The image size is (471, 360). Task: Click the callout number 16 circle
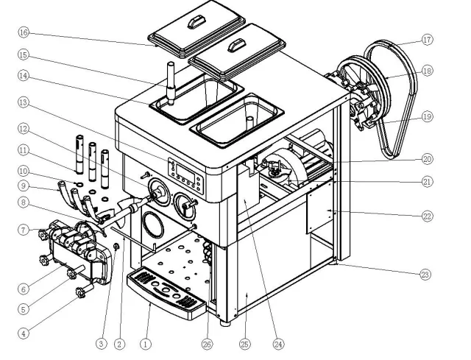(x=24, y=32)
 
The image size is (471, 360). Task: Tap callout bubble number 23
(x=425, y=275)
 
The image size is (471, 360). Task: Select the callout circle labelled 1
(x=146, y=344)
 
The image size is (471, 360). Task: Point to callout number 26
(x=207, y=345)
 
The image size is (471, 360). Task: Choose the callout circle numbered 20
(x=427, y=159)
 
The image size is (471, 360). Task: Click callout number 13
(x=24, y=102)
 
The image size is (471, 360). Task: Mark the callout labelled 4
(x=24, y=333)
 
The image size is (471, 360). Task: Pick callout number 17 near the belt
(x=427, y=40)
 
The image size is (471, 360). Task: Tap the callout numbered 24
(x=278, y=345)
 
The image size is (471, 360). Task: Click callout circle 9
(x=24, y=186)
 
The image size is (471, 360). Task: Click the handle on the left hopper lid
(x=196, y=23)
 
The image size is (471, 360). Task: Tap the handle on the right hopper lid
(x=237, y=46)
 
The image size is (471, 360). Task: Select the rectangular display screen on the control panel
(x=186, y=172)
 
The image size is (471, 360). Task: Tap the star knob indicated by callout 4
(x=81, y=292)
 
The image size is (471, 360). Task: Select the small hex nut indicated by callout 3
(x=116, y=247)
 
